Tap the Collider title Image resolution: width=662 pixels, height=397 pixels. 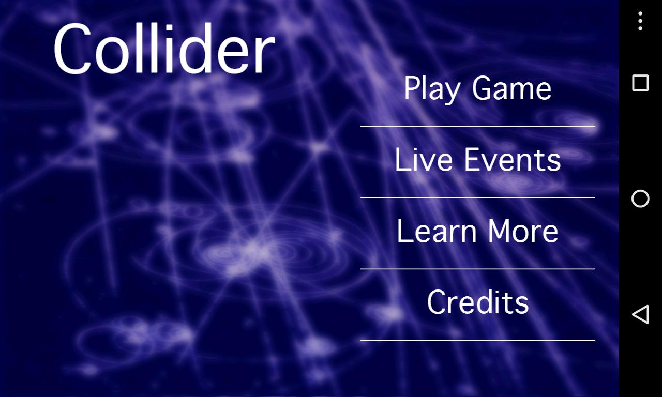(164, 48)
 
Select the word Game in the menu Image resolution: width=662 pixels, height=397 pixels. (512, 88)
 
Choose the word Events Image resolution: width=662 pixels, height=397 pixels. (513, 160)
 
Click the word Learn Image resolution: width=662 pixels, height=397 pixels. (437, 231)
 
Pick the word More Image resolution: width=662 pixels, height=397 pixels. (523, 231)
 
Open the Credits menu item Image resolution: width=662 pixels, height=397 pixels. (478, 302)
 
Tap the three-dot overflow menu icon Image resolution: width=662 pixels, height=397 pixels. (640, 21)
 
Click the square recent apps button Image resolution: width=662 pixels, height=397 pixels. (640, 83)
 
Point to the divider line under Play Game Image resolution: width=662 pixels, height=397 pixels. (477, 126)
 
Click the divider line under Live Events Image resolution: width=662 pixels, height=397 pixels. (477, 197)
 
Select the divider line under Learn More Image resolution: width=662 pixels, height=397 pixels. (477, 269)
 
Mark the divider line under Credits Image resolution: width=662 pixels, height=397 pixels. (477, 340)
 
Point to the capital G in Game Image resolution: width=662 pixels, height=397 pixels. (485, 88)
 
